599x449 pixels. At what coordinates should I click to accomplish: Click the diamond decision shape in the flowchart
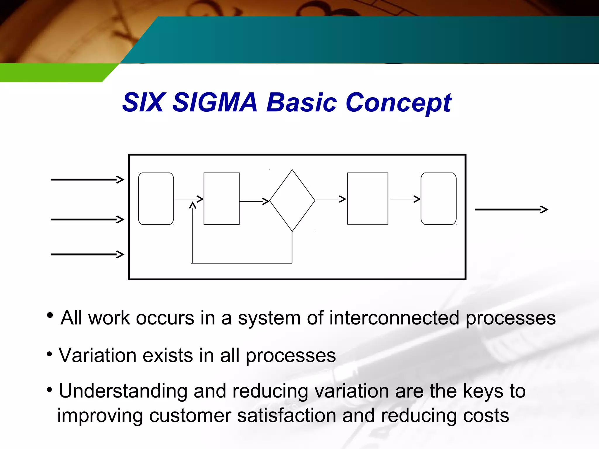pyautogui.click(x=292, y=201)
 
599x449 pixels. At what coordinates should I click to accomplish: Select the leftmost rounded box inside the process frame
pyautogui.click(x=156, y=199)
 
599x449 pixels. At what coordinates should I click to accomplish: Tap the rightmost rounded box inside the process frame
pyautogui.click(x=438, y=199)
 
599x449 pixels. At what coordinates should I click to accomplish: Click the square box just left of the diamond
pyautogui.click(x=221, y=199)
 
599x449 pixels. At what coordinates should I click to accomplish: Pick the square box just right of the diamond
pyautogui.click(x=368, y=199)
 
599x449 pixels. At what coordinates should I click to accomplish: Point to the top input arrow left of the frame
pyautogui.click(x=87, y=179)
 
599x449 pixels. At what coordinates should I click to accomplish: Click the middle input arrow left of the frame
pyautogui.click(x=87, y=220)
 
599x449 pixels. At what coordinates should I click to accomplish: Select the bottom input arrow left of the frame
pyautogui.click(x=87, y=254)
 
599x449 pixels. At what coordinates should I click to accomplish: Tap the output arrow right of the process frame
pyautogui.click(x=511, y=210)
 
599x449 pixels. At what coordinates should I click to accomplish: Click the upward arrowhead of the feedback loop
pyautogui.click(x=192, y=206)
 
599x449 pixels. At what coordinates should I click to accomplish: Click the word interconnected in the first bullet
pyautogui.click(x=394, y=318)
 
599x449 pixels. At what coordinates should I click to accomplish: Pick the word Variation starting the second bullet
pyautogui.click(x=97, y=355)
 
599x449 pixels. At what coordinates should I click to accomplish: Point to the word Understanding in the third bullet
pyautogui.click(x=123, y=392)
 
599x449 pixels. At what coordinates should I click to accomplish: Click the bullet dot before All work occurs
pyautogui.click(x=50, y=315)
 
